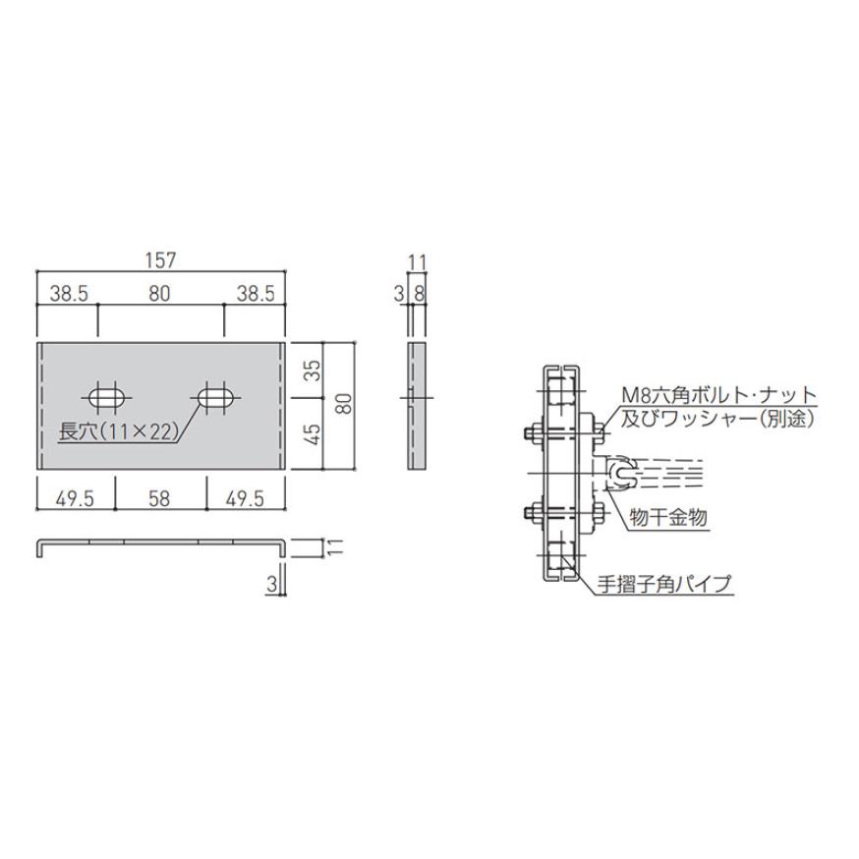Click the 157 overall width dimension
click(x=160, y=260)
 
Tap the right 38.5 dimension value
click(x=255, y=292)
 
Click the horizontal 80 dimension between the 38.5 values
click(x=160, y=292)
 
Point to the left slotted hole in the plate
click(x=107, y=398)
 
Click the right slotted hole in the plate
click(x=214, y=398)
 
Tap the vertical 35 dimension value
click(x=314, y=371)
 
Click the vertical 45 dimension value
click(x=314, y=434)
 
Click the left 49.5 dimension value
click(x=75, y=499)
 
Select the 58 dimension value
click(x=160, y=499)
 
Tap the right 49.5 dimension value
click(x=245, y=499)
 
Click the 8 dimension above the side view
click(x=421, y=292)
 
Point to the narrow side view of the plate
click(x=417, y=405)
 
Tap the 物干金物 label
click(x=663, y=515)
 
